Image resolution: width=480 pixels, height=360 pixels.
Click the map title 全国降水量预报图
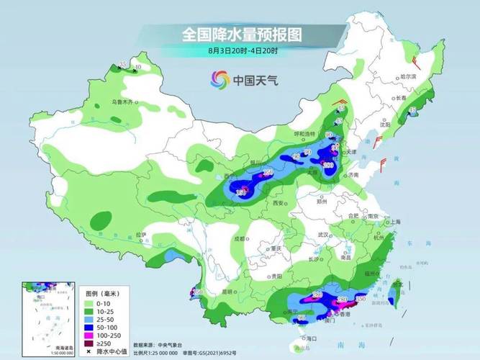tap(240, 34)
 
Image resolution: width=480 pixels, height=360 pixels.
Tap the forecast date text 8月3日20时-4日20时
tap(240, 50)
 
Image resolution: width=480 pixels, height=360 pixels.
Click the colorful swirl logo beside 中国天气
tap(219, 80)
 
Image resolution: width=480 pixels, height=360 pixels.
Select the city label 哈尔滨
tap(408, 76)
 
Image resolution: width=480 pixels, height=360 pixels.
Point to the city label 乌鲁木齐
tap(122, 102)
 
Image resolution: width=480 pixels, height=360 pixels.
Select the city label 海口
tap(312, 337)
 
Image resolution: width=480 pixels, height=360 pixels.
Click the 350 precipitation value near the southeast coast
tap(361, 298)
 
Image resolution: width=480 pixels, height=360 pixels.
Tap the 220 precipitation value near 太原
tap(330, 165)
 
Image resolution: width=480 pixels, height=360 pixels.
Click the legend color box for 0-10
tap(93, 303)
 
